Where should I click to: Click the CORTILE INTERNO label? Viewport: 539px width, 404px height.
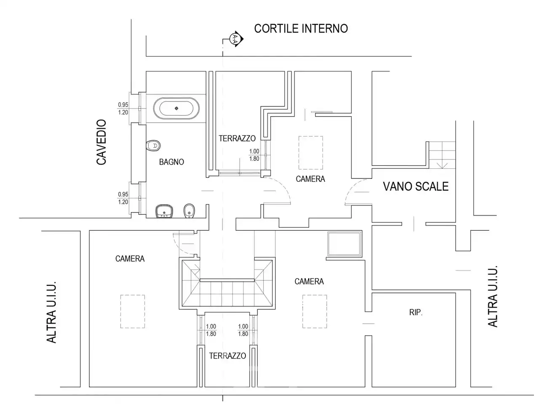tap(301, 29)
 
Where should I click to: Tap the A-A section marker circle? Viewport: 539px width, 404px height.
tap(234, 38)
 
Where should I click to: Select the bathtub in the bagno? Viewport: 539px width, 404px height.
tap(176, 108)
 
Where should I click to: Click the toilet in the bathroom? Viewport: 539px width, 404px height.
tap(153, 146)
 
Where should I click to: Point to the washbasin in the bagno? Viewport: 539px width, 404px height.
tap(164, 211)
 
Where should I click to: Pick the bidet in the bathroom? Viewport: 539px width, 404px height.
tap(189, 210)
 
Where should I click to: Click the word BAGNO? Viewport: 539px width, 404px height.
tap(171, 162)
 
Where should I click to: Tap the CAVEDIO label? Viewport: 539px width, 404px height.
tap(101, 142)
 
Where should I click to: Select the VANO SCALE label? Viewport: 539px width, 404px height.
tap(416, 186)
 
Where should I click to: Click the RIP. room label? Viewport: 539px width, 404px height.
tap(416, 312)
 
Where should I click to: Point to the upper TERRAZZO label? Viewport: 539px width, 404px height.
tap(237, 138)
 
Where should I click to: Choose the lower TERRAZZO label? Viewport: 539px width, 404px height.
tap(227, 356)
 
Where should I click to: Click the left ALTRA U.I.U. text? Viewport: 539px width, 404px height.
tap(51, 312)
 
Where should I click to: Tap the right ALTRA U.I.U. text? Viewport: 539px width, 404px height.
tap(493, 296)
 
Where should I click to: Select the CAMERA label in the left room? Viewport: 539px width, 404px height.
tap(130, 258)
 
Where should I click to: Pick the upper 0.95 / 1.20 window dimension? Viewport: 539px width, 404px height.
tap(123, 109)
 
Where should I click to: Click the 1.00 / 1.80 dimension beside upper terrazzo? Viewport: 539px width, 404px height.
tap(254, 155)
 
